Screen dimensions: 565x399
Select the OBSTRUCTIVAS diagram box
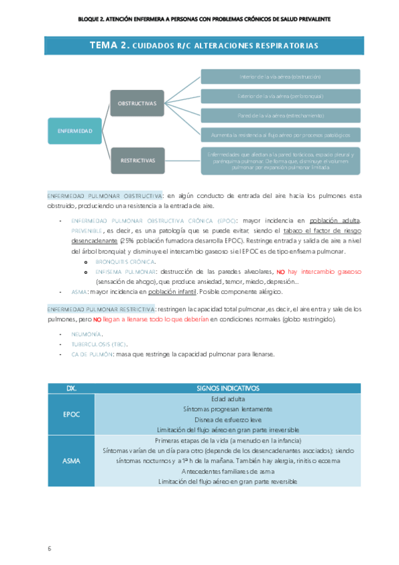point(137,103)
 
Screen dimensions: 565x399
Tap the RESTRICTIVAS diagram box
point(137,161)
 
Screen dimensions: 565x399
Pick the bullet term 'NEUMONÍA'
point(86,334)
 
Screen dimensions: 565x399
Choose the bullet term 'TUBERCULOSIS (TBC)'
point(99,344)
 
